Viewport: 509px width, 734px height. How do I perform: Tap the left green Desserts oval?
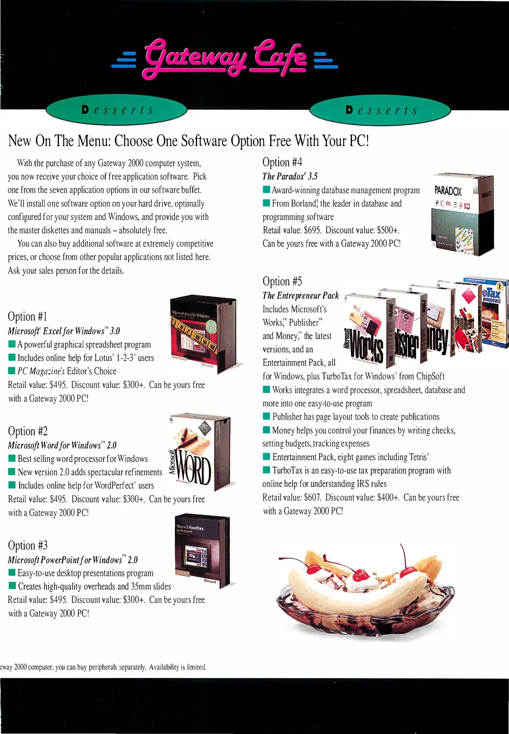coord(117,109)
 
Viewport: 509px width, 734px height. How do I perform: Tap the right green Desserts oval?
coord(380,110)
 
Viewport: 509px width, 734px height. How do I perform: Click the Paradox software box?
coord(462,214)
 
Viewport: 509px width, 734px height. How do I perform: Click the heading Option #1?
coord(27,316)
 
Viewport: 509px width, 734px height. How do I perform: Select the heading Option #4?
coord(282,162)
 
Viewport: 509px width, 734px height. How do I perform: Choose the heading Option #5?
coord(282,281)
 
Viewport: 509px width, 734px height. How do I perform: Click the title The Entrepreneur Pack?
coord(300,295)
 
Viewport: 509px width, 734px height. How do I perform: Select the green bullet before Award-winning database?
coord(267,189)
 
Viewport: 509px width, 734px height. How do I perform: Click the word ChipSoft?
coord(430,376)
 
